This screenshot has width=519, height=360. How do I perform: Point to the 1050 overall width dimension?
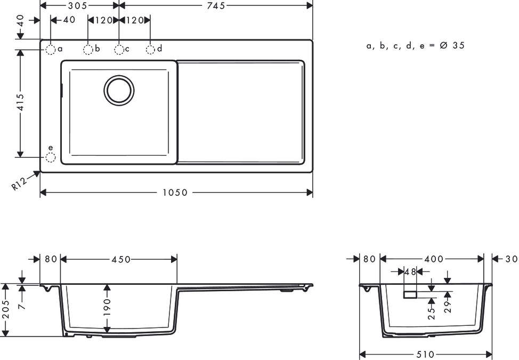[x=175, y=193]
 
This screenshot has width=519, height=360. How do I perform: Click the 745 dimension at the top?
[x=216, y=6]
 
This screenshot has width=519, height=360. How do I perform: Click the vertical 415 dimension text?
[x=20, y=103]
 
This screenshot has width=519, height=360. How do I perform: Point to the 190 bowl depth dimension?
[x=107, y=307]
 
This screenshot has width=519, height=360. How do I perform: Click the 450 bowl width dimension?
[x=121, y=259]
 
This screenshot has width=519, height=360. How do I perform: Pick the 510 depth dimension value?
[x=425, y=355]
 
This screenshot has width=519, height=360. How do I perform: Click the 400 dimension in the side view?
[x=434, y=259]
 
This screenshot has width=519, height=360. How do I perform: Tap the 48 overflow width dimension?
[x=410, y=272]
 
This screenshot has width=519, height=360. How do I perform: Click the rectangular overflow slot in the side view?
[x=410, y=295]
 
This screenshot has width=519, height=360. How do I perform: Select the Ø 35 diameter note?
[x=452, y=45]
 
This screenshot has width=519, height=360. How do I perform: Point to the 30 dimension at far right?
[x=511, y=259]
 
